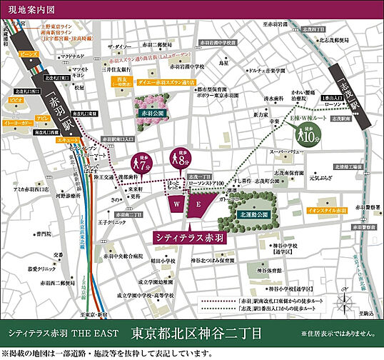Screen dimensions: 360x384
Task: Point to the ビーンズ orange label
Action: tap(29, 54)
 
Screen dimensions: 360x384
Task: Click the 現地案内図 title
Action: tap(26, 10)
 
